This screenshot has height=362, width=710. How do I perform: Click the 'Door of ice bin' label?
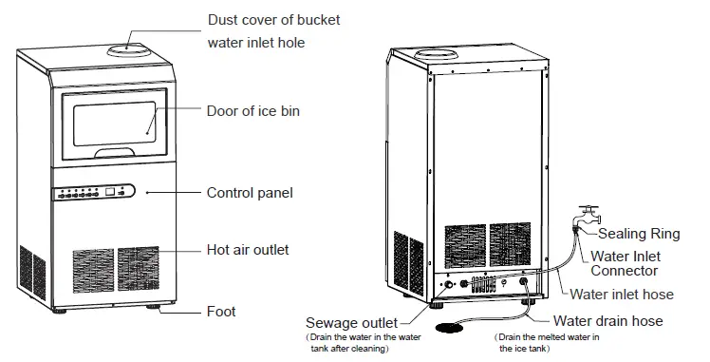click(252, 111)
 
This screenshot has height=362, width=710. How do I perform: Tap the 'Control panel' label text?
click(250, 193)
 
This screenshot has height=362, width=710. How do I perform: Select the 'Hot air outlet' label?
click(248, 250)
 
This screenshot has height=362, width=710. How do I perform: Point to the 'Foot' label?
click(221, 311)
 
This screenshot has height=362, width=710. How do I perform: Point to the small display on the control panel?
click(112, 192)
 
